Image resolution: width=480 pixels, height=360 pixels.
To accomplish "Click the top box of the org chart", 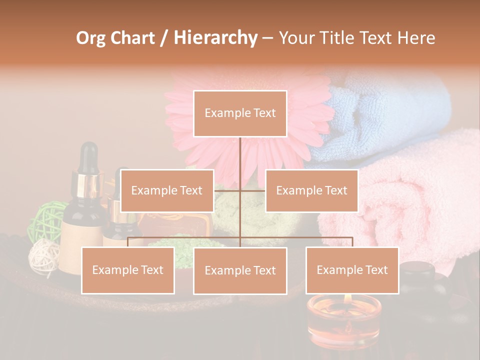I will pyautogui.click(x=240, y=113).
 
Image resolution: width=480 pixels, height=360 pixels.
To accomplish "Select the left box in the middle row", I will pyautogui.click(x=167, y=190).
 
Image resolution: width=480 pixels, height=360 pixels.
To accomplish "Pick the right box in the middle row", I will pyautogui.click(x=311, y=190).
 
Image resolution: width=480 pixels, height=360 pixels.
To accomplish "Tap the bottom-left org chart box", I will pyautogui.click(x=127, y=270).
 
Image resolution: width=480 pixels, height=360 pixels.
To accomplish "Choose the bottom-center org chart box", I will pyautogui.click(x=240, y=270).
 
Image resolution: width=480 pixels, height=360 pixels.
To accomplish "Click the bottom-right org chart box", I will pyautogui.click(x=352, y=270).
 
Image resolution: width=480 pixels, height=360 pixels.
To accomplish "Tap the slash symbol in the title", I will pyautogui.click(x=164, y=38).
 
